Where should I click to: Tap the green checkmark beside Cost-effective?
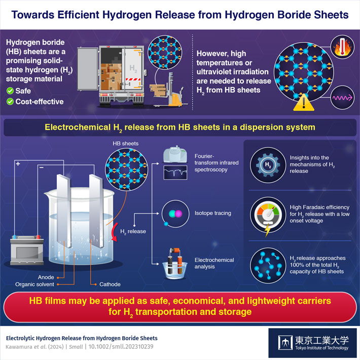point(10,101)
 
